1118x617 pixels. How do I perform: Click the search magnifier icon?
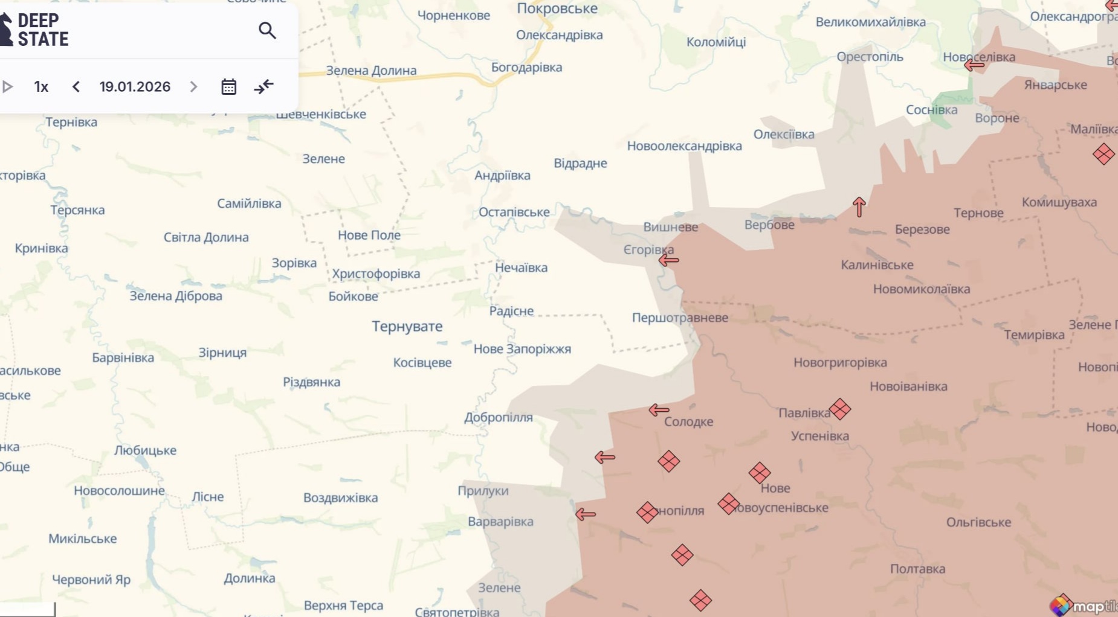coord(267,30)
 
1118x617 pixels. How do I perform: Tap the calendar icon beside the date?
coord(228,87)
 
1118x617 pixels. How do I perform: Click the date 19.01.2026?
coord(135,87)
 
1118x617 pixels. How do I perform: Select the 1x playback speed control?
coord(41,87)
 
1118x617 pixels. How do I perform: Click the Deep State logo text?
coord(42,30)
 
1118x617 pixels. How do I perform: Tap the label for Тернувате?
coord(407,327)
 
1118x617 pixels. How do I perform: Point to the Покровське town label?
coord(557,8)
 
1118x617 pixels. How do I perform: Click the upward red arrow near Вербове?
coord(859,206)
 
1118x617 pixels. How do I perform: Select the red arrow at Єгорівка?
coord(668,260)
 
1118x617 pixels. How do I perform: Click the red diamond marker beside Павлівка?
coord(840,409)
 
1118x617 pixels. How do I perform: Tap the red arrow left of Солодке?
coord(659,411)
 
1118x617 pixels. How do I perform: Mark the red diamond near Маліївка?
coord(1103,154)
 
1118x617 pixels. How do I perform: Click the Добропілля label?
coord(498,417)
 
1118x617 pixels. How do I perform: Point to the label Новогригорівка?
coord(840,363)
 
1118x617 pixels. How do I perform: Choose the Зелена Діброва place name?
coord(176,296)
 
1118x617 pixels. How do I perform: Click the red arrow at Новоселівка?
coord(974,65)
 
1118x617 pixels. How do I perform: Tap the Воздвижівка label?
coord(340,497)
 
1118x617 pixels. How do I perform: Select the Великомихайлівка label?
coord(870,22)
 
